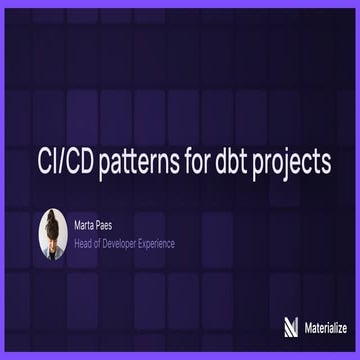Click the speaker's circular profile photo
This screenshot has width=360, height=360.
[53, 232]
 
